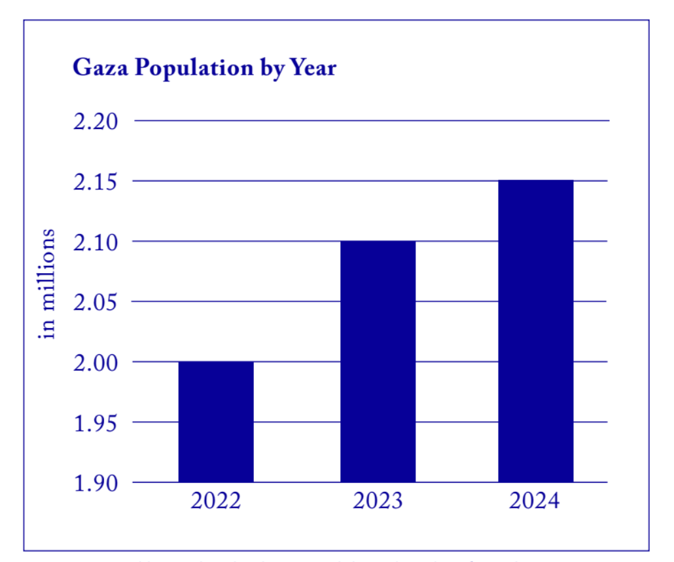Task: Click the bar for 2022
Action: [x=216, y=422]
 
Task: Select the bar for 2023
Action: [x=378, y=362]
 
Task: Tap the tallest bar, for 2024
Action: [x=536, y=331]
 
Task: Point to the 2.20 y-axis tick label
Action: [x=96, y=122]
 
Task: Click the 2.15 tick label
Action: [x=96, y=181]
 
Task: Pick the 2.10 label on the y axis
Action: [x=96, y=242]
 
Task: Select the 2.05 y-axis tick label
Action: [x=96, y=303]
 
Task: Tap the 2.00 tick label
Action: [x=96, y=363]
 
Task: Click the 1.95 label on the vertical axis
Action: [x=96, y=423]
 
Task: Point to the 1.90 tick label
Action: [x=96, y=483]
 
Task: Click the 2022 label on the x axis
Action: [x=216, y=502]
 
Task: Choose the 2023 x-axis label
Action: [x=378, y=502]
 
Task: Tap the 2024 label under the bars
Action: [x=535, y=502]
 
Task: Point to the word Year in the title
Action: [x=311, y=67]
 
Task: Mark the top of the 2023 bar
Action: [x=378, y=242]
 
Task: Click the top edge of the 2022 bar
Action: [x=216, y=362]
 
